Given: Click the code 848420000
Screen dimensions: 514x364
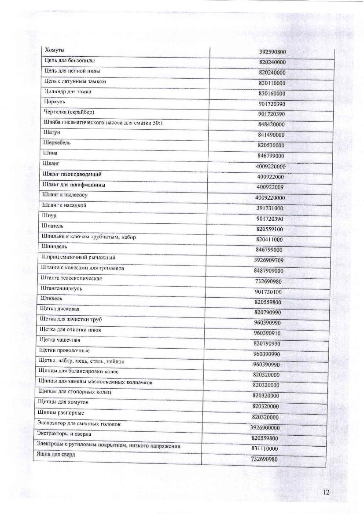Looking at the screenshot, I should tap(272, 124).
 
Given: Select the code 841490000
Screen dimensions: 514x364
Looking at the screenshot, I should tap(272, 135).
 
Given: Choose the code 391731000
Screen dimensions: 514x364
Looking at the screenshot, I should tap(270, 208).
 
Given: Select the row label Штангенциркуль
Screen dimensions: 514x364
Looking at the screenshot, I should tap(61, 289).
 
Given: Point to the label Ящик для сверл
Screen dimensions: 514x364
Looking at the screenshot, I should tap(56, 454).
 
